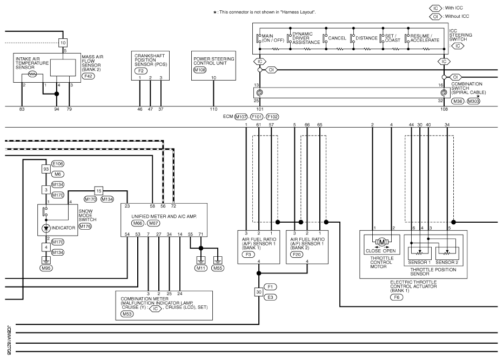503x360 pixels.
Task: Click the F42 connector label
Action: coord(88,76)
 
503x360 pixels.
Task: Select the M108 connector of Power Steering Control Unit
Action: coord(200,70)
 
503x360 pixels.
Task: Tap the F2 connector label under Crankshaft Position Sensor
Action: coord(141,71)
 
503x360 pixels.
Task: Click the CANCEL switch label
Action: coord(337,38)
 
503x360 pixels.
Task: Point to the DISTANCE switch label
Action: coord(366,38)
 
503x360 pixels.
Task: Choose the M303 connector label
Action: coord(473,101)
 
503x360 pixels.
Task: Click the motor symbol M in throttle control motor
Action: coord(382,242)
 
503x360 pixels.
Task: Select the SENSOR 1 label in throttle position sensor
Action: coord(419,262)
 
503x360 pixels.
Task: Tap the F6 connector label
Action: coord(397,297)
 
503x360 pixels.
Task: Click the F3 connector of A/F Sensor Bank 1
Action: coord(249,255)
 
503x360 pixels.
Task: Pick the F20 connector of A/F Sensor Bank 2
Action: coord(297,255)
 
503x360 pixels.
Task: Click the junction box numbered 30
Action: coord(259,292)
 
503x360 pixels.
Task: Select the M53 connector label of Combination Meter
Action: coord(127,314)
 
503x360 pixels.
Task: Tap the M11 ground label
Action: coord(201,268)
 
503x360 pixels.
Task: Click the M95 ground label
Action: coord(46,268)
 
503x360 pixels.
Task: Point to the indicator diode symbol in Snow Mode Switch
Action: coord(46,228)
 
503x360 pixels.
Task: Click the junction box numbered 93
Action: coord(46,169)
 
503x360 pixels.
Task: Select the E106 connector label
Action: coord(58,164)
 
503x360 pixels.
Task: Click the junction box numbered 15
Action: coord(99,191)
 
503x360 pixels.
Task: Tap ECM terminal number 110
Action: coord(213,109)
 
